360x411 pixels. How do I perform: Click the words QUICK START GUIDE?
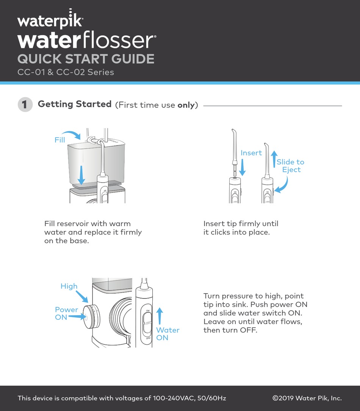coord(86,59)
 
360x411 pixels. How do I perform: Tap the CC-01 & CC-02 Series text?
coord(66,72)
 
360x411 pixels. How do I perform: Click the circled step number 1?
coord(25,105)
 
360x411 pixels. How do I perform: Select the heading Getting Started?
coord(75,104)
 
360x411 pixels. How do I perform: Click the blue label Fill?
coord(60,140)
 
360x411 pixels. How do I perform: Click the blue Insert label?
coord(251,153)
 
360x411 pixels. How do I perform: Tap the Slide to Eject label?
coord(291,166)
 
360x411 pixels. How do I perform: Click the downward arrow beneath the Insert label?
coord(243,167)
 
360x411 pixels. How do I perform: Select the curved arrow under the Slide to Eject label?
coord(281,186)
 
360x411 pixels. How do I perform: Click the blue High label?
coord(69,286)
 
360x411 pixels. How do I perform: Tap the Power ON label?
coord(66,313)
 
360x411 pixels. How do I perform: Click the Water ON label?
coord(167,334)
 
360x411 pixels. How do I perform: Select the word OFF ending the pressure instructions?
coord(248,330)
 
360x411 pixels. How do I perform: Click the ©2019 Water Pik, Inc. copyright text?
coord(307,398)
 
